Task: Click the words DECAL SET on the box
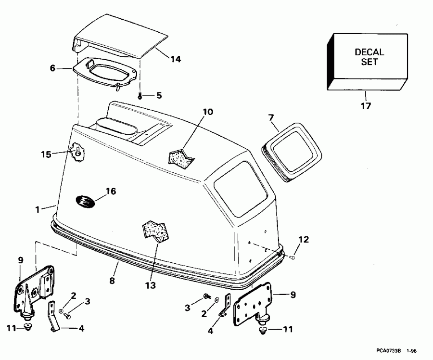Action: [x=369, y=57]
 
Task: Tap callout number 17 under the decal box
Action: [x=366, y=105]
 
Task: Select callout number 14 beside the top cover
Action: [x=175, y=59]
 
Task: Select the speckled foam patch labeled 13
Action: [x=154, y=229]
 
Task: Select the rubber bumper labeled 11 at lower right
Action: [x=263, y=330]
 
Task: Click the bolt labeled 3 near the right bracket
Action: [x=207, y=295]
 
